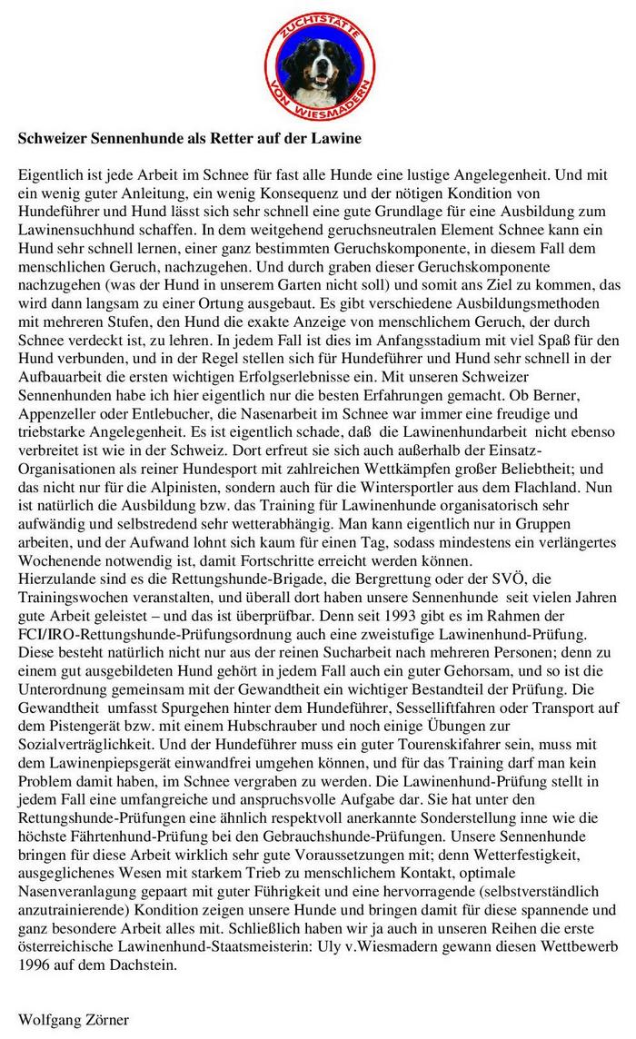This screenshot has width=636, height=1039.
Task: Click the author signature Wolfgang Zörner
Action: pos(74,1019)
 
